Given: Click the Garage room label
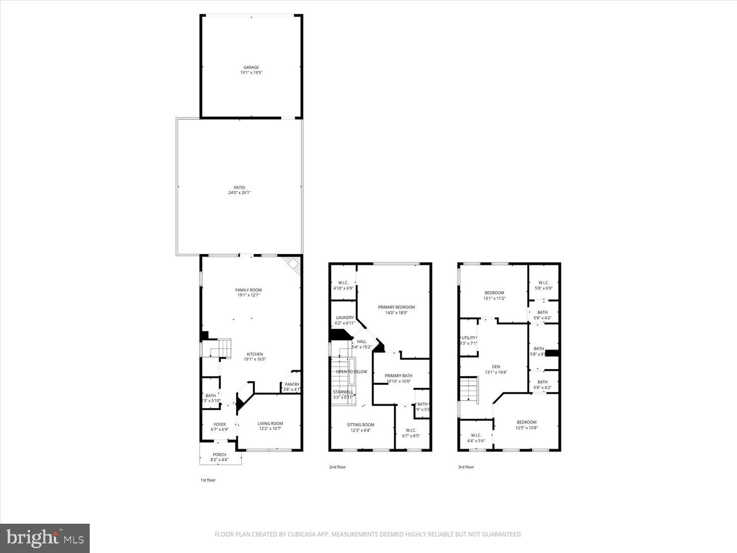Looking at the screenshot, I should tap(251, 67).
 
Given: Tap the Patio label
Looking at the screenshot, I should tap(239, 187).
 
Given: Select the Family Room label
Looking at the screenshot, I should tap(248, 290).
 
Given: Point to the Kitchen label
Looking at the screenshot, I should tap(254, 354).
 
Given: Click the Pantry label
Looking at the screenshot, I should tap(292, 385).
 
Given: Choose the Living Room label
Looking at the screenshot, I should tap(270, 423).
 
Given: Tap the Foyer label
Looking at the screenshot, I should tap(220, 424).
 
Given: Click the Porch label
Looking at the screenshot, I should tap(219, 455).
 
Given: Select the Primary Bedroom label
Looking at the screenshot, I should tap(396, 307).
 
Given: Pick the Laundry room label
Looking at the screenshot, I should tap(344, 317).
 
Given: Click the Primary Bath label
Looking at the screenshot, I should tap(398, 376).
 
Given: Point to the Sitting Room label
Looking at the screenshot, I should tap(360, 424).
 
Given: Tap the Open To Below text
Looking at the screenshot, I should tap(352, 372).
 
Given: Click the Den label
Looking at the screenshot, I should tap(495, 367).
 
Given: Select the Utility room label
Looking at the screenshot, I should tap(468, 338).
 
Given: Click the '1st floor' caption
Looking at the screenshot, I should tap(208, 480).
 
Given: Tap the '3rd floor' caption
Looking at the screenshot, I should tap(466, 467).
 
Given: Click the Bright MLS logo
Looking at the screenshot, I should tap(45, 538).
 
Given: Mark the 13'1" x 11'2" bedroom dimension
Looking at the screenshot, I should tap(494, 299).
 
